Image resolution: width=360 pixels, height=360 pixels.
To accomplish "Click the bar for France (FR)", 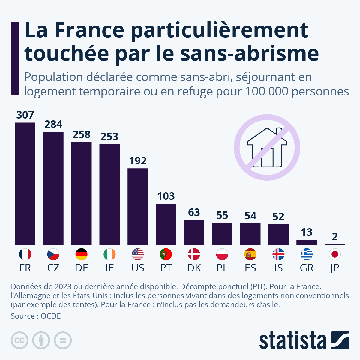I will pyautogui.click(x=25, y=184).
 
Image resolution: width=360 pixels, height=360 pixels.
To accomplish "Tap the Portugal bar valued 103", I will pyautogui.click(x=166, y=224).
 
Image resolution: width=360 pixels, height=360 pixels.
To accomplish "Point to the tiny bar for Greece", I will pyautogui.click(x=307, y=242).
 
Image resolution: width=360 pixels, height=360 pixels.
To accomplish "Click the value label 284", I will pyautogui.click(x=53, y=124).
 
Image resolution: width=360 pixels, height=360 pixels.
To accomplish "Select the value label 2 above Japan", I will pyautogui.click(x=335, y=237).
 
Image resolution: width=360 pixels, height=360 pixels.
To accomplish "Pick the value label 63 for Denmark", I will pyautogui.click(x=194, y=212).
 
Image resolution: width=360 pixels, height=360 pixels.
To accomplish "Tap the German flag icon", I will pyautogui.click(x=82, y=254).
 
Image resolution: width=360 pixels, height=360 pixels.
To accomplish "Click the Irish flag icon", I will pyautogui.click(x=109, y=254).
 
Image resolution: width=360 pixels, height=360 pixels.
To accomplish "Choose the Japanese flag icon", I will pyautogui.click(x=335, y=254).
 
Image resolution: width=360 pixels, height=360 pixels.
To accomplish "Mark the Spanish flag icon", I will pyautogui.click(x=250, y=254).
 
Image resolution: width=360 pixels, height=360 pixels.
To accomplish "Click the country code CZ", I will pyautogui.click(x=53, y=268).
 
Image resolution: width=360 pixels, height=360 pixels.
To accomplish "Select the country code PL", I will pyautogui.click(x=222, y=268).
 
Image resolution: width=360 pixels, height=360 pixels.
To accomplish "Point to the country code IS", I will pyautogui.click(x=278, y=268).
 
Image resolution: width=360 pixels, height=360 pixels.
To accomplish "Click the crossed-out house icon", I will pyautogui.click(x=267, y=147).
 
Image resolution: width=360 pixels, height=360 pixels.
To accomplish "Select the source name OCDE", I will pyautogui.click(x=51, y=316).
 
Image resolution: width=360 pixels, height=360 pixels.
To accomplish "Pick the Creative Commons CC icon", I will pyautogui.click(x=19, y=340).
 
